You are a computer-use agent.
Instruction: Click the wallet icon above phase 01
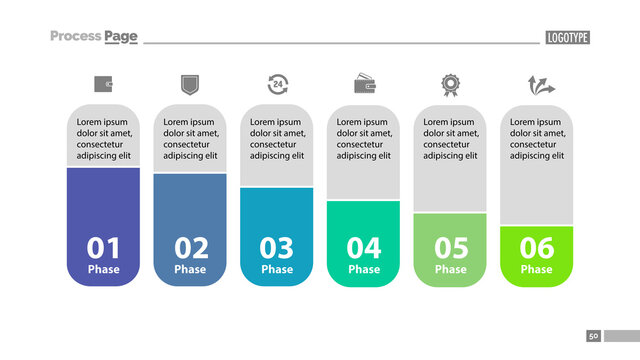coord(103,84)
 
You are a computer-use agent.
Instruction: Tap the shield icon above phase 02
coord(190,84)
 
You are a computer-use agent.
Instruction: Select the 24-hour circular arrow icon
coord(277,84)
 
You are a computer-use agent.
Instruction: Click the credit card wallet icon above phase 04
coord(364,84)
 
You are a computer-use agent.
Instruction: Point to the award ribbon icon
coord(450,84)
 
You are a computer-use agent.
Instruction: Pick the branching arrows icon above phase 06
coord(537,84)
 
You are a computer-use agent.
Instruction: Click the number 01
coord(103,247)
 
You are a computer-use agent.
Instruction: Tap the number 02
coord(190,247)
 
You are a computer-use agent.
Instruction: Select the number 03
coord(277,247)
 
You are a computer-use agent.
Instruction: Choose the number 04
coord(364,247)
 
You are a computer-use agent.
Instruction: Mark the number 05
coord(450,247)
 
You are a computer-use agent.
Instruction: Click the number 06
coord(537,247)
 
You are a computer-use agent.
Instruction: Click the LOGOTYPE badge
coord(567,38)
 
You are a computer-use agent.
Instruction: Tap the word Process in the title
coord(75,37)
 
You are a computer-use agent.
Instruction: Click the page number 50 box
coord(594,336)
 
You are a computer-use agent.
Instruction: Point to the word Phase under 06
coord(537,269)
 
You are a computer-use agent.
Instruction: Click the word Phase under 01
coord(103,269)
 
